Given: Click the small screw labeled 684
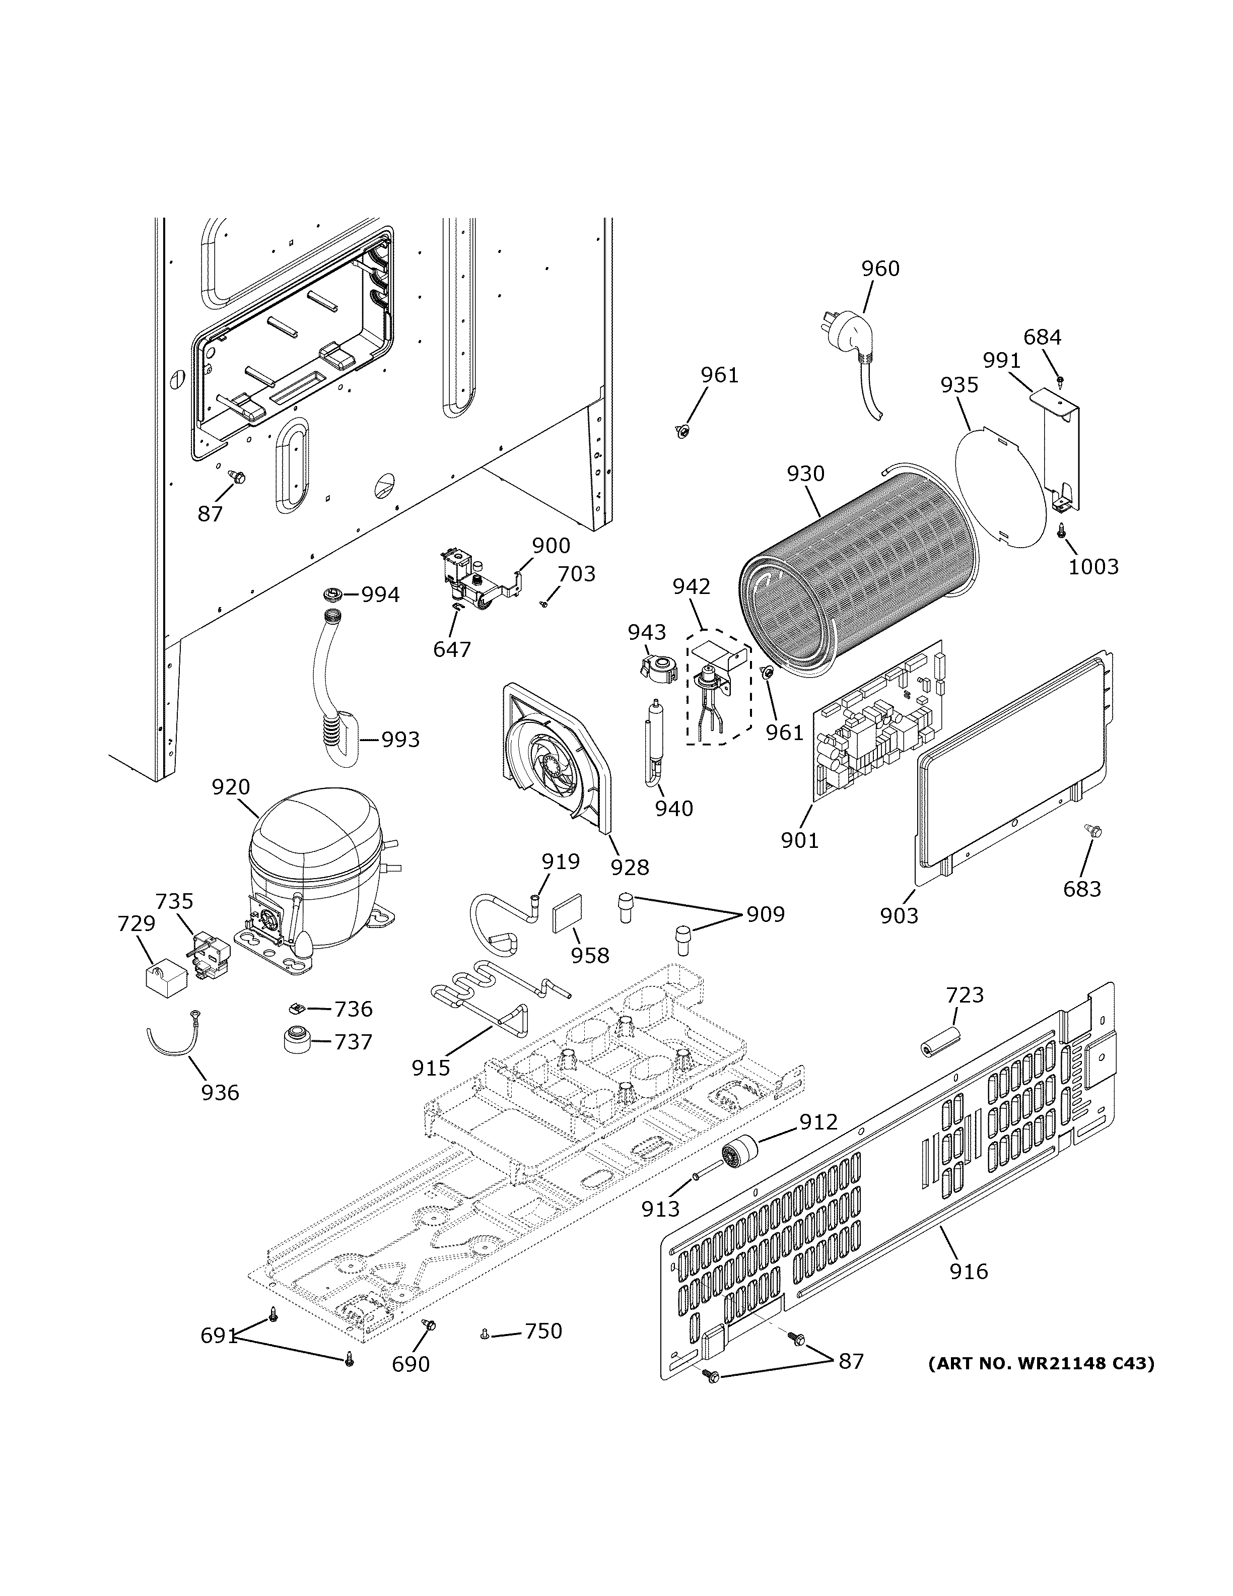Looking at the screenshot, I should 1060,380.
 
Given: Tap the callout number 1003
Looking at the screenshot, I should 1093,566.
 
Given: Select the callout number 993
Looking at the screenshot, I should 401,740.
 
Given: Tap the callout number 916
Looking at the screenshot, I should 968,1272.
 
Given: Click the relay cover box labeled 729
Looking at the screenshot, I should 164,978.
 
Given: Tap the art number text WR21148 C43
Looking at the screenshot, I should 1041,1363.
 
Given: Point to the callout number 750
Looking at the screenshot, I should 543,1331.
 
